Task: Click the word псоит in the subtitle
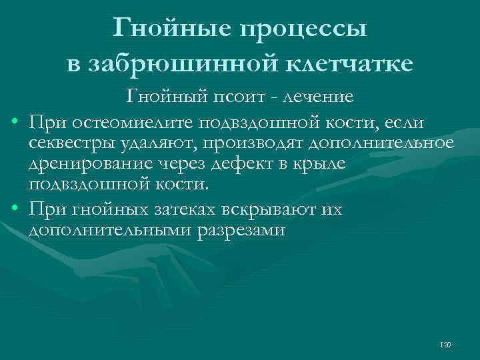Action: point(243,97)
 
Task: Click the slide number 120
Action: point(446,345)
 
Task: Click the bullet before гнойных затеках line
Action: point(15,211)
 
